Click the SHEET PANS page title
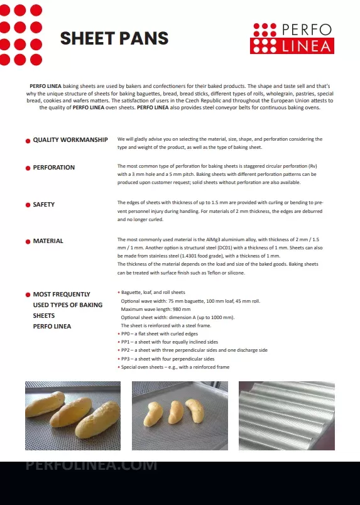click(114, 38)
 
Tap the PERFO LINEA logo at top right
click(292, 38)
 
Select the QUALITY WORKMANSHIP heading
click(70, 139)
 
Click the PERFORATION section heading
click(53, 168)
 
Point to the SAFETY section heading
click(43, 205)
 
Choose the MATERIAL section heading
click(48, 241)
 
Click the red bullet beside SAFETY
click(28, 205)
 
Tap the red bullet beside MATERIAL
click(28, 241)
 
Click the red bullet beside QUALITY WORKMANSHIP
click(28, 140)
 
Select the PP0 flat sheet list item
click(161, 334)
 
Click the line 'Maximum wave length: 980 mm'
click(155, 309)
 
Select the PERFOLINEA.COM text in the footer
click(91, 466)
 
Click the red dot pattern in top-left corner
click(21, 31)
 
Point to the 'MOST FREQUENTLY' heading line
click(61, 294)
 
